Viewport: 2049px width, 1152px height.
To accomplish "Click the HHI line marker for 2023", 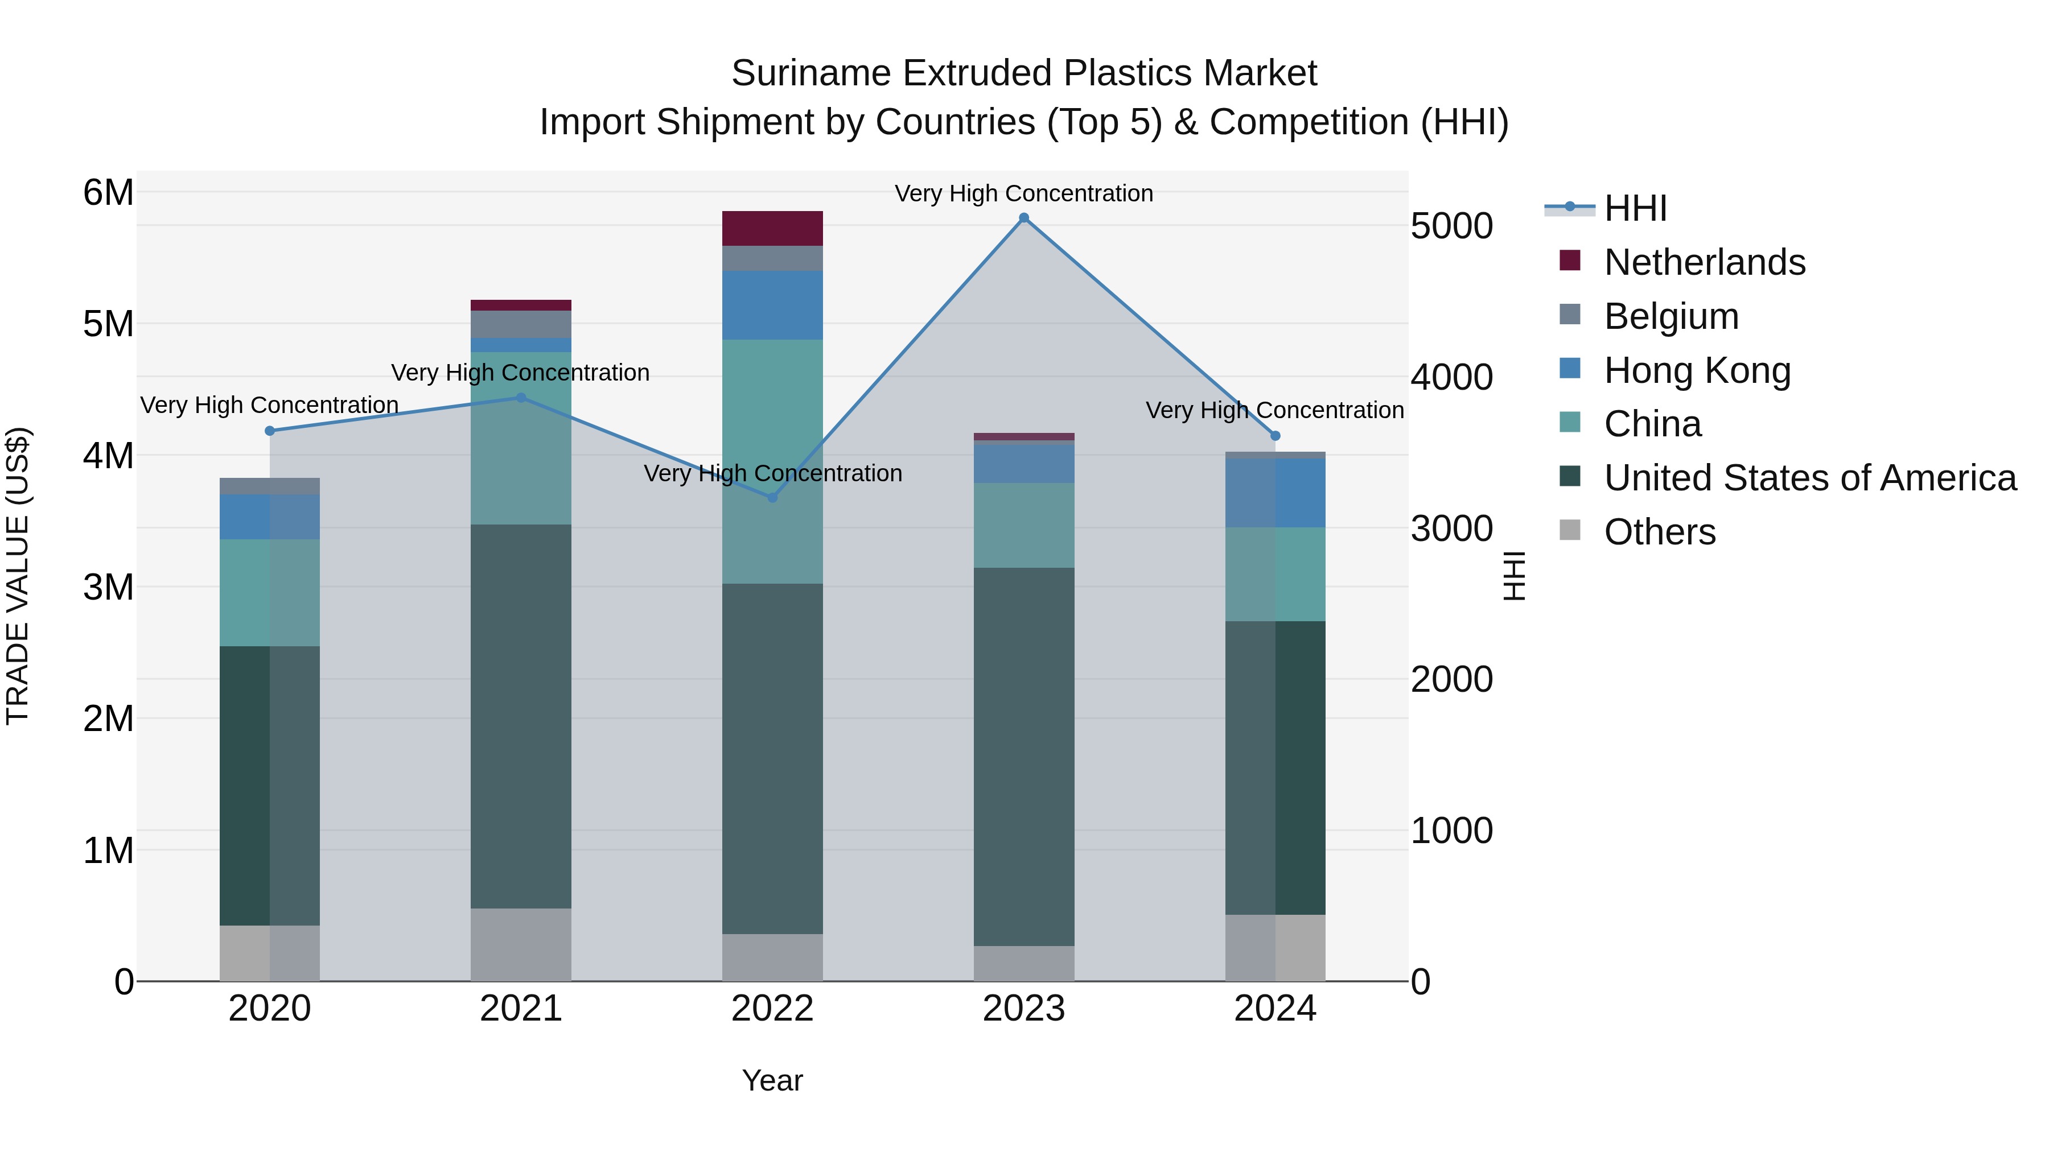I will coord(1024,218).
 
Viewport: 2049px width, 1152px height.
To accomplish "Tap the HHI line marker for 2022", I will coord(772,498).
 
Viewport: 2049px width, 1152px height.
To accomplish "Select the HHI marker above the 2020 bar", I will coord(270,431).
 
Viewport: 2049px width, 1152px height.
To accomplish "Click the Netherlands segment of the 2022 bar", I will coord(772,228).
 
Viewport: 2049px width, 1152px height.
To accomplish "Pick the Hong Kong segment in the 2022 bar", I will coord(772,305).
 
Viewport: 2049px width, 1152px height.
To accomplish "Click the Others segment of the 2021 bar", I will coord(521,944).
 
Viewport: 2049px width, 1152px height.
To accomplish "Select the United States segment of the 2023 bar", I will coord(1024,755).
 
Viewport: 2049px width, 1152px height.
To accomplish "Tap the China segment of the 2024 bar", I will coord(1275,574).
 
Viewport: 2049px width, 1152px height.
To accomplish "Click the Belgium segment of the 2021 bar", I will coord(521,324).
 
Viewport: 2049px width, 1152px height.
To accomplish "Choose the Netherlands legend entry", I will coord(1705,262).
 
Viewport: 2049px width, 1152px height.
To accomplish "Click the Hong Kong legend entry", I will coord(1697,370).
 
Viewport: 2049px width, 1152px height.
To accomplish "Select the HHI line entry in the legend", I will coord(1635,208).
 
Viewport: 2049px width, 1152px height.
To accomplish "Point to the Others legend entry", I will coord(1659,532).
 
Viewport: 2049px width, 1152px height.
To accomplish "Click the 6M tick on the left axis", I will coord(108,192).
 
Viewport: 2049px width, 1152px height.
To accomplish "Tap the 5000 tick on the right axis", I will coord(1451,226).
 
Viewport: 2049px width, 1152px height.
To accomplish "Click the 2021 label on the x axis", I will coord(521,1009).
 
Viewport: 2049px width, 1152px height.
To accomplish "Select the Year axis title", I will coord(772,1080).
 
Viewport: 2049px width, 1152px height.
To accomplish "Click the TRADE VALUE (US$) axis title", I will coord(18,576).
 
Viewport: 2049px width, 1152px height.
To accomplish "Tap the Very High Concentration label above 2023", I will coord(1024,193).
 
